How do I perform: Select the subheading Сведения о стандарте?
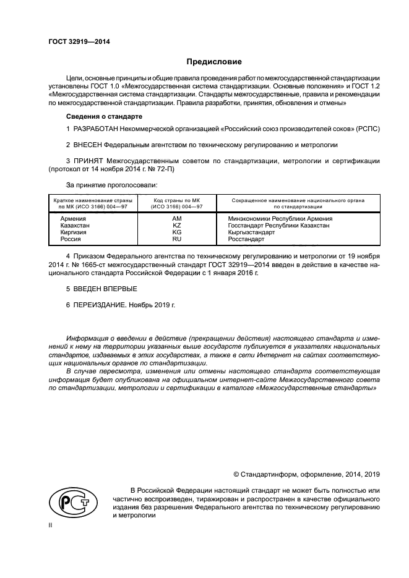pyautogui.click(x=104, y=116)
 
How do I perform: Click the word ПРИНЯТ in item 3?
pyautogui.click(x=89, y=160)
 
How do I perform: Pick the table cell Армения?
pyautogui.click(x=73, y=218)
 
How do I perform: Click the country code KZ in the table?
pyautogui.click(x=176, y=225)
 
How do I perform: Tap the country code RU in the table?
pyautogui.click(x=176, y=239)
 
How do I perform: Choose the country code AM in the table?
pyautogui.click(x=176, y=218)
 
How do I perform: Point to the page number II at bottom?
pyautogui.click(x=51, y=524)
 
